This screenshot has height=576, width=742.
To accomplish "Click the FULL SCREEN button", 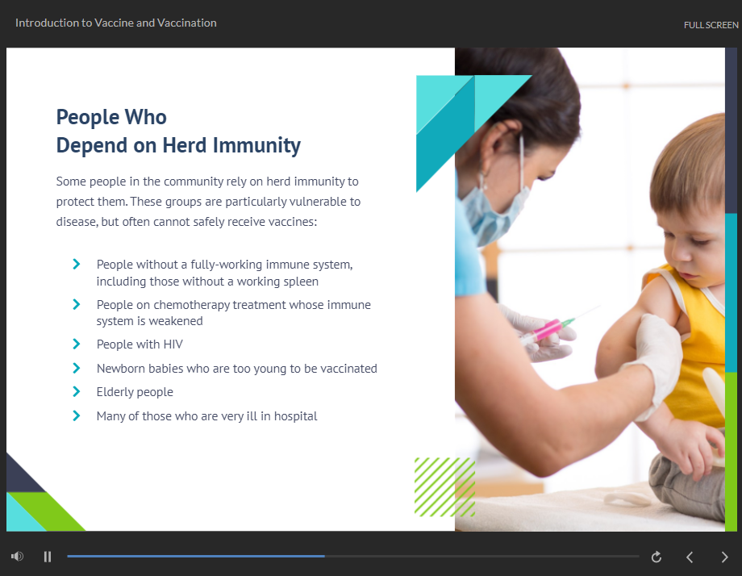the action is [711, 25].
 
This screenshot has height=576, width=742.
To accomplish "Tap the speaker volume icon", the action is [18, 556].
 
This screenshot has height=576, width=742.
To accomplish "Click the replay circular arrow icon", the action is [657, 557].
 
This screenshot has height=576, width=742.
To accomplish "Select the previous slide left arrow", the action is [690, 557].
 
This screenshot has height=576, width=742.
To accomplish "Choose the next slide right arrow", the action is [724, 557].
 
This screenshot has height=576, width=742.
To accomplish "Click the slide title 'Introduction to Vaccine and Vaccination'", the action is [116, 23].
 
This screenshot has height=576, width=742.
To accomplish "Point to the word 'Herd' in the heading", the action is [185, 145].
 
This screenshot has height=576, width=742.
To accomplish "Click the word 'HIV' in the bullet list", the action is [173, 344].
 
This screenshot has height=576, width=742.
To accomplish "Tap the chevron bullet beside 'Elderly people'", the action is [76, 391].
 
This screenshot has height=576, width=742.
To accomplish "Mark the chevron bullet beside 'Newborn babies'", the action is [76, 368].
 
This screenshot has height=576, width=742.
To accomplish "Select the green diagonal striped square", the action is [445, 487].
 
